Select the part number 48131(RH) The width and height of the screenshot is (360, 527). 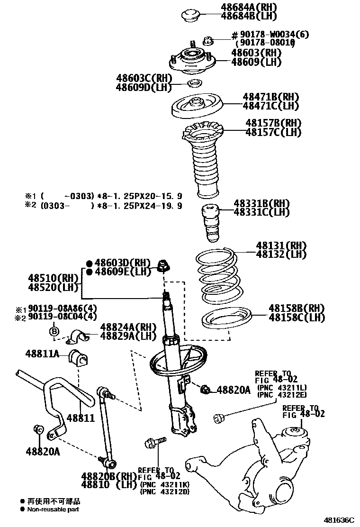click(x=281, y=245)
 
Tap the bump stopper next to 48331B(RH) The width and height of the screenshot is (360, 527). click(x=210, y=223)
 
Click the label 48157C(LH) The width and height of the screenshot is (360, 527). click(x=273, y=133)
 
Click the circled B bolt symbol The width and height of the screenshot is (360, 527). click(x=54, y=331)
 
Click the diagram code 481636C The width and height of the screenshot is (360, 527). click(x=339, y=520)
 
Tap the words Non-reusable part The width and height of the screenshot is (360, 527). click(x=53, y=509)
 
